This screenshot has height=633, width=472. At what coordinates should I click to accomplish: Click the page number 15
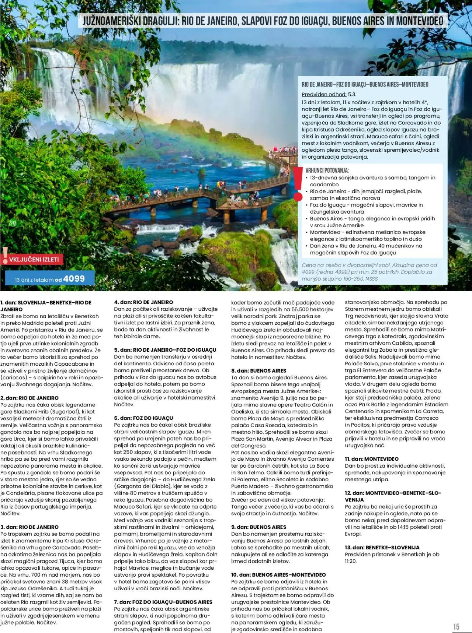[456, 626]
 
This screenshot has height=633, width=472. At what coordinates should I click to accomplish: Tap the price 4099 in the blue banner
[74, 279]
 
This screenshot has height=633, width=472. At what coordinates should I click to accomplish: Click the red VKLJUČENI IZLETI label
[34, 259]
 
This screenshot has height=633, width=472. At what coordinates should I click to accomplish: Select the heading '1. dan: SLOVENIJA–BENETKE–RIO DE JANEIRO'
[46, 306]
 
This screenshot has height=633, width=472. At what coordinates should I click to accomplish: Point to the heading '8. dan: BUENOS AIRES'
[258, 370]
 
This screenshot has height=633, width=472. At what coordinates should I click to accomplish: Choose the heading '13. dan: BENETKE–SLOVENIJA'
[382, 548]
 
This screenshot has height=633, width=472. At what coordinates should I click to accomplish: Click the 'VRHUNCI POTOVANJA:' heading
[327, 170]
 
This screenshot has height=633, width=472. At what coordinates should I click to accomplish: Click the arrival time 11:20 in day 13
[351, 561]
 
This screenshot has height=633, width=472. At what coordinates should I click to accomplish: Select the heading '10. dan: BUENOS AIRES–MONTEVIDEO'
[278, 574]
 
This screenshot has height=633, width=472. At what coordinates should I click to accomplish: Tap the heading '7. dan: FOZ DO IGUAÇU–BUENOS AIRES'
[163, 602]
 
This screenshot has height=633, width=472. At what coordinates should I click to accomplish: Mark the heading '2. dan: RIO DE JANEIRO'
[29, 398]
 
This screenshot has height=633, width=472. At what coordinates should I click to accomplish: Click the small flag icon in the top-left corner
[9, 8]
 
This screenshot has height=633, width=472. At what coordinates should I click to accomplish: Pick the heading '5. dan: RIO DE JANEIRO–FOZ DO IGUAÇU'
[165, 350]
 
